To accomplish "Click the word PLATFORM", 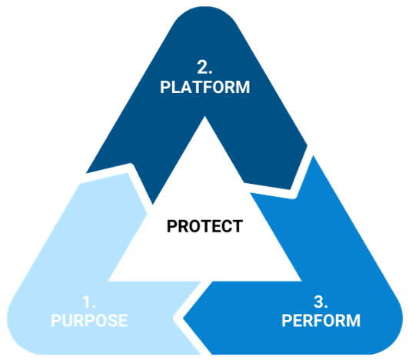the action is click(204, 87).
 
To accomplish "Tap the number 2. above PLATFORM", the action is click(204, 67).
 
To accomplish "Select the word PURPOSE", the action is click(89, 320).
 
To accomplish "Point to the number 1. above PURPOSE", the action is click(89, 302).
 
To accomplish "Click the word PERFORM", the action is click(321, 320).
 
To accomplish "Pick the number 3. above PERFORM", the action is click(321, 302).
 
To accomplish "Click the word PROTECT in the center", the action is click(204, 226).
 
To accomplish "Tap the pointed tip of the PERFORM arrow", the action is click(183, 318).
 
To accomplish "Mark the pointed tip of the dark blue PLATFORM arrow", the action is click(291, 189).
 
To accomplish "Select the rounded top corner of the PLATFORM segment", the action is click(205, 8).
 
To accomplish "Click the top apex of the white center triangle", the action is click(205, 116).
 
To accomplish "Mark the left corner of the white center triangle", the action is click(108, 281).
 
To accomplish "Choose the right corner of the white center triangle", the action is click(301, 281).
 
